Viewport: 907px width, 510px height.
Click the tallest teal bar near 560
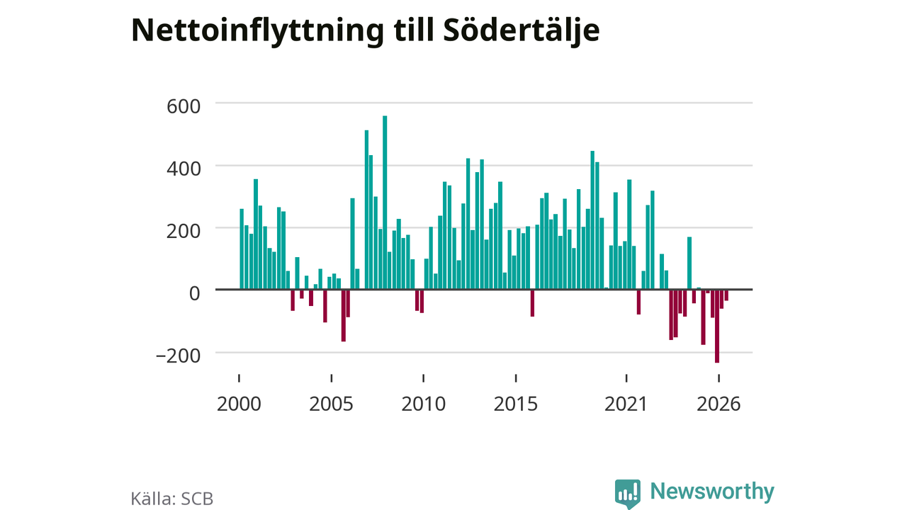(385, 203)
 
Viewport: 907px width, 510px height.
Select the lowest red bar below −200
(716, 327)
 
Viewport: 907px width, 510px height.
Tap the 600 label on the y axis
(184, 107)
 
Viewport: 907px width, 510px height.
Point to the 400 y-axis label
(184, 169)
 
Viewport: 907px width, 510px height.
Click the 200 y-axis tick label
(184, 232)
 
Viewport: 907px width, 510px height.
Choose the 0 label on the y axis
(195, 294)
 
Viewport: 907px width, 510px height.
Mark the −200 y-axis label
(178, 356)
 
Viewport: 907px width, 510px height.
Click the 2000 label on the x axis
(239, 404)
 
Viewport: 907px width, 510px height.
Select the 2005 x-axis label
(331, 404)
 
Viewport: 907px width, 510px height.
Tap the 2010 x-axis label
(424, 404)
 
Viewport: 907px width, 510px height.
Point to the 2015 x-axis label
(515, 404)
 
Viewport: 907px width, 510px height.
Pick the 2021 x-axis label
(626, 404)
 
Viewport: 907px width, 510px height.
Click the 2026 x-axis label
(719, 404)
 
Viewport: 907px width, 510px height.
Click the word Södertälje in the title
(522, 30)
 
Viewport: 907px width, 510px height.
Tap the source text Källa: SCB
(171, 498)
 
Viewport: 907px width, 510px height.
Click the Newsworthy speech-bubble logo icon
(627, 494)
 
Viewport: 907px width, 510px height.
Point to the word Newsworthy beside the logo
(712, 491)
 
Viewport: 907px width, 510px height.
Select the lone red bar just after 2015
(532, 303)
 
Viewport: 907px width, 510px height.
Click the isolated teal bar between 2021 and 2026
(689, 263)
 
